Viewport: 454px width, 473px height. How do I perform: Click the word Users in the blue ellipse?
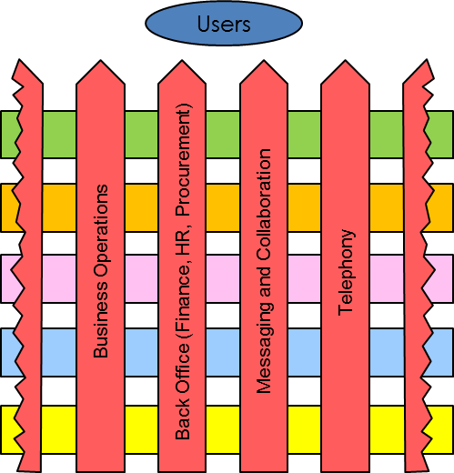coord(224,24)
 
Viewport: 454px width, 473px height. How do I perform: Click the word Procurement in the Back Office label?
coord(184,160)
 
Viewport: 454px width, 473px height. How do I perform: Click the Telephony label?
coord(347,273)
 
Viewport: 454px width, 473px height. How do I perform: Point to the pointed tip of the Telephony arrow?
coord(345,60)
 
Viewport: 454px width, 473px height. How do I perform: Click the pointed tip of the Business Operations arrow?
coord(100,60)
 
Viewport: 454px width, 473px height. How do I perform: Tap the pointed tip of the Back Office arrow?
coord(182,60)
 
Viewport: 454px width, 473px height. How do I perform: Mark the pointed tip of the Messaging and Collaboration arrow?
coord(264,60)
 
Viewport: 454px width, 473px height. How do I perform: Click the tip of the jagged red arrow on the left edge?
coord(19,59)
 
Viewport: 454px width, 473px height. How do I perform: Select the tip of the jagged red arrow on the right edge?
coord(427,59)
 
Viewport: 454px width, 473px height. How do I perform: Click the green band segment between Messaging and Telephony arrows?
coord(305,135)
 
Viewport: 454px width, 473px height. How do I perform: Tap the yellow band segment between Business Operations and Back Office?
coord(141,429)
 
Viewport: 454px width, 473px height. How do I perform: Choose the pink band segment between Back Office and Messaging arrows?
coord(223,278)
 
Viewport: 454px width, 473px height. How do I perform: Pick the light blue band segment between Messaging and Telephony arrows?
coord(305,353)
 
